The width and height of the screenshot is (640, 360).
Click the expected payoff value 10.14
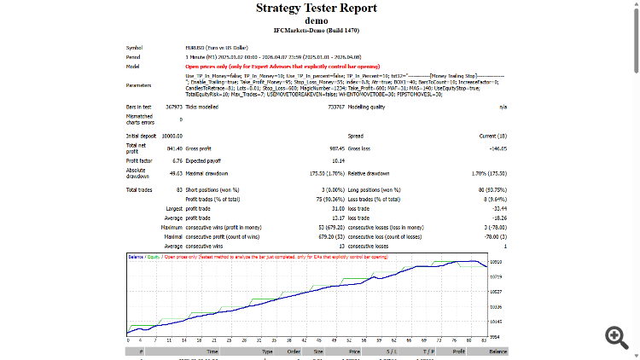point(338,160)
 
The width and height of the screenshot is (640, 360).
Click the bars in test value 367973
point(172,107)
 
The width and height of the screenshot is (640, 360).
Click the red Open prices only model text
point(295,66)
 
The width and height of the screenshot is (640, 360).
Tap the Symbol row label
point(135,48)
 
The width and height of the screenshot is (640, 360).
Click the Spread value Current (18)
point(492,136)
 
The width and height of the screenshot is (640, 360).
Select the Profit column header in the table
point(459,351)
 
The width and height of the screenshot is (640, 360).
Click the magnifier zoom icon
point(616,336)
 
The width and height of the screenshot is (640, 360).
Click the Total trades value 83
point(178,189)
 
